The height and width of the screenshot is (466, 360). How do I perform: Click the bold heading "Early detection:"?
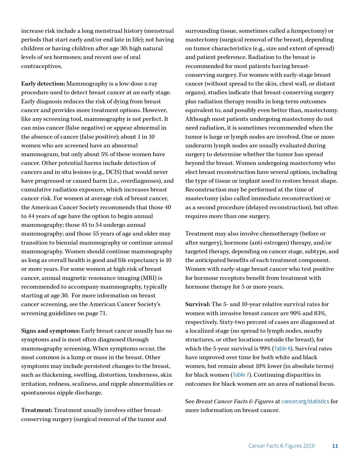click(x=43, y=84)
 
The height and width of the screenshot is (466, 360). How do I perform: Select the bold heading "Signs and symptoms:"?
click(x=51, y=331)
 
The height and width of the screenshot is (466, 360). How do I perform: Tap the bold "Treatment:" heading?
click(x=37, y=410)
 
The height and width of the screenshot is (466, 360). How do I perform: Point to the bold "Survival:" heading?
click(x=198, y=304)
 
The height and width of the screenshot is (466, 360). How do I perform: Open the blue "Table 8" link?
click(x=282, y=349)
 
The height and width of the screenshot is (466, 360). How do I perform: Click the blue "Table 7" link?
click(x=241, y=375)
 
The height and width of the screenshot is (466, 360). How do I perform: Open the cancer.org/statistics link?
click(x=305, y=401)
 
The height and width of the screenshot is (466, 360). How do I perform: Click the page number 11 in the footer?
click(x=335, y=446)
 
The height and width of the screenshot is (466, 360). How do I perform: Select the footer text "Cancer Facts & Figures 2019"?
click(x=281, y=446)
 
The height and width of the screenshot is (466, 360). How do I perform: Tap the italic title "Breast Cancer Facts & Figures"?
click(x=234, y=401)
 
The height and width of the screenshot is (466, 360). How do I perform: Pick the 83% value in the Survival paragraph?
click(x=320, y=313)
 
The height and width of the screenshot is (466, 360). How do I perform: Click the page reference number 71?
click(x=102, y=313)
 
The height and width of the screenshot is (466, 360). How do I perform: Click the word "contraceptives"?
click(x=41, y=66)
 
